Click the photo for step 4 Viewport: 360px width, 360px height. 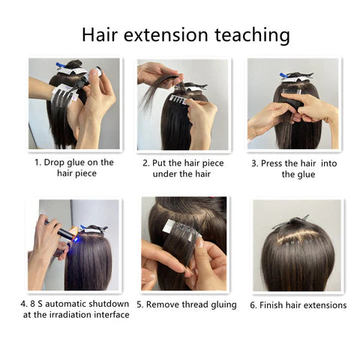[x=74, y=244]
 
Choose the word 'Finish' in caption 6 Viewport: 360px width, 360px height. [x=276, y=304]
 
